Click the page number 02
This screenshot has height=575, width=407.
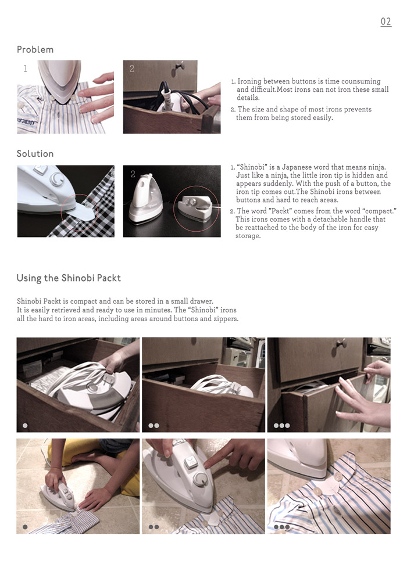click(x=385, y=21)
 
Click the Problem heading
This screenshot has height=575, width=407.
click(x=35, y=49)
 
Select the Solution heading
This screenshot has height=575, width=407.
click(x=35, y=154)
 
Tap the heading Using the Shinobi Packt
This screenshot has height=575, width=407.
click(x=69, y=278)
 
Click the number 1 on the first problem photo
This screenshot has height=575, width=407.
click(x=25, y=68)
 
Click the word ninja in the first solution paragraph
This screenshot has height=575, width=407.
click(x=376, y=167)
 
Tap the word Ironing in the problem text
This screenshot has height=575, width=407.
click(x=249, y=81)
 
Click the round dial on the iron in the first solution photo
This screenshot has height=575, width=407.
click(x=57, y=179)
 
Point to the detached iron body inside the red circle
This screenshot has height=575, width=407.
click(x=195, y=207)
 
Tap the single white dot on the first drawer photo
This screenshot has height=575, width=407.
click(x=25, y=425)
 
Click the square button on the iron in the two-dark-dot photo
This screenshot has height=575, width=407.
click(x=190, y=462)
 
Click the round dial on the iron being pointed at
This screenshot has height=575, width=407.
click(x=201, y=479)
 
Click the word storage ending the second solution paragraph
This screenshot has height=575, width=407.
click(x=248, y=236)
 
